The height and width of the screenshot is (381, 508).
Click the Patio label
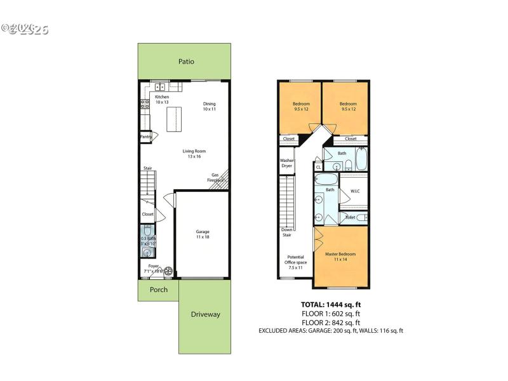tap(185, 62)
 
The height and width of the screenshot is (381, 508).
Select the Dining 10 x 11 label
tap(210, 107)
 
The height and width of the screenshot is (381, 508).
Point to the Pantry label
tap(145, 137)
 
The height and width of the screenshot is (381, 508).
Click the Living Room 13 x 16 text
tap(194, 154)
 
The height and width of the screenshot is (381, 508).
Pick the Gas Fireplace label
tap(217, 178)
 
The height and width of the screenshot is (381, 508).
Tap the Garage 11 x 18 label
tap(203, 234)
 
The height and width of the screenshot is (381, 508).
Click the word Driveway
tap(205, 314)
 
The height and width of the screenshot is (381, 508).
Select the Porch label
tap(159, 290)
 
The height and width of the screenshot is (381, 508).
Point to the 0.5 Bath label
tap(147, 241)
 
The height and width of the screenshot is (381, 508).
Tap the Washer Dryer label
tap(286, 163)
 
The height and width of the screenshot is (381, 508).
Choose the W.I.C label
tap(355, 191)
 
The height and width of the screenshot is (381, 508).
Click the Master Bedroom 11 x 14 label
tap(340, 257)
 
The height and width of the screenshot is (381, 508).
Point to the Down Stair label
tap(286, 232)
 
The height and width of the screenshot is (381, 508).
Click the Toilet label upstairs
tap(350, 217)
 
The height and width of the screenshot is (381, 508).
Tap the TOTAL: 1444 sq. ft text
tap(330, 304)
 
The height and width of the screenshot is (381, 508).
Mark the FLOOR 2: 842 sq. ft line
tap(330, 321)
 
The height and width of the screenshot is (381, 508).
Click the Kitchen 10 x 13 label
tap(162, 99)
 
